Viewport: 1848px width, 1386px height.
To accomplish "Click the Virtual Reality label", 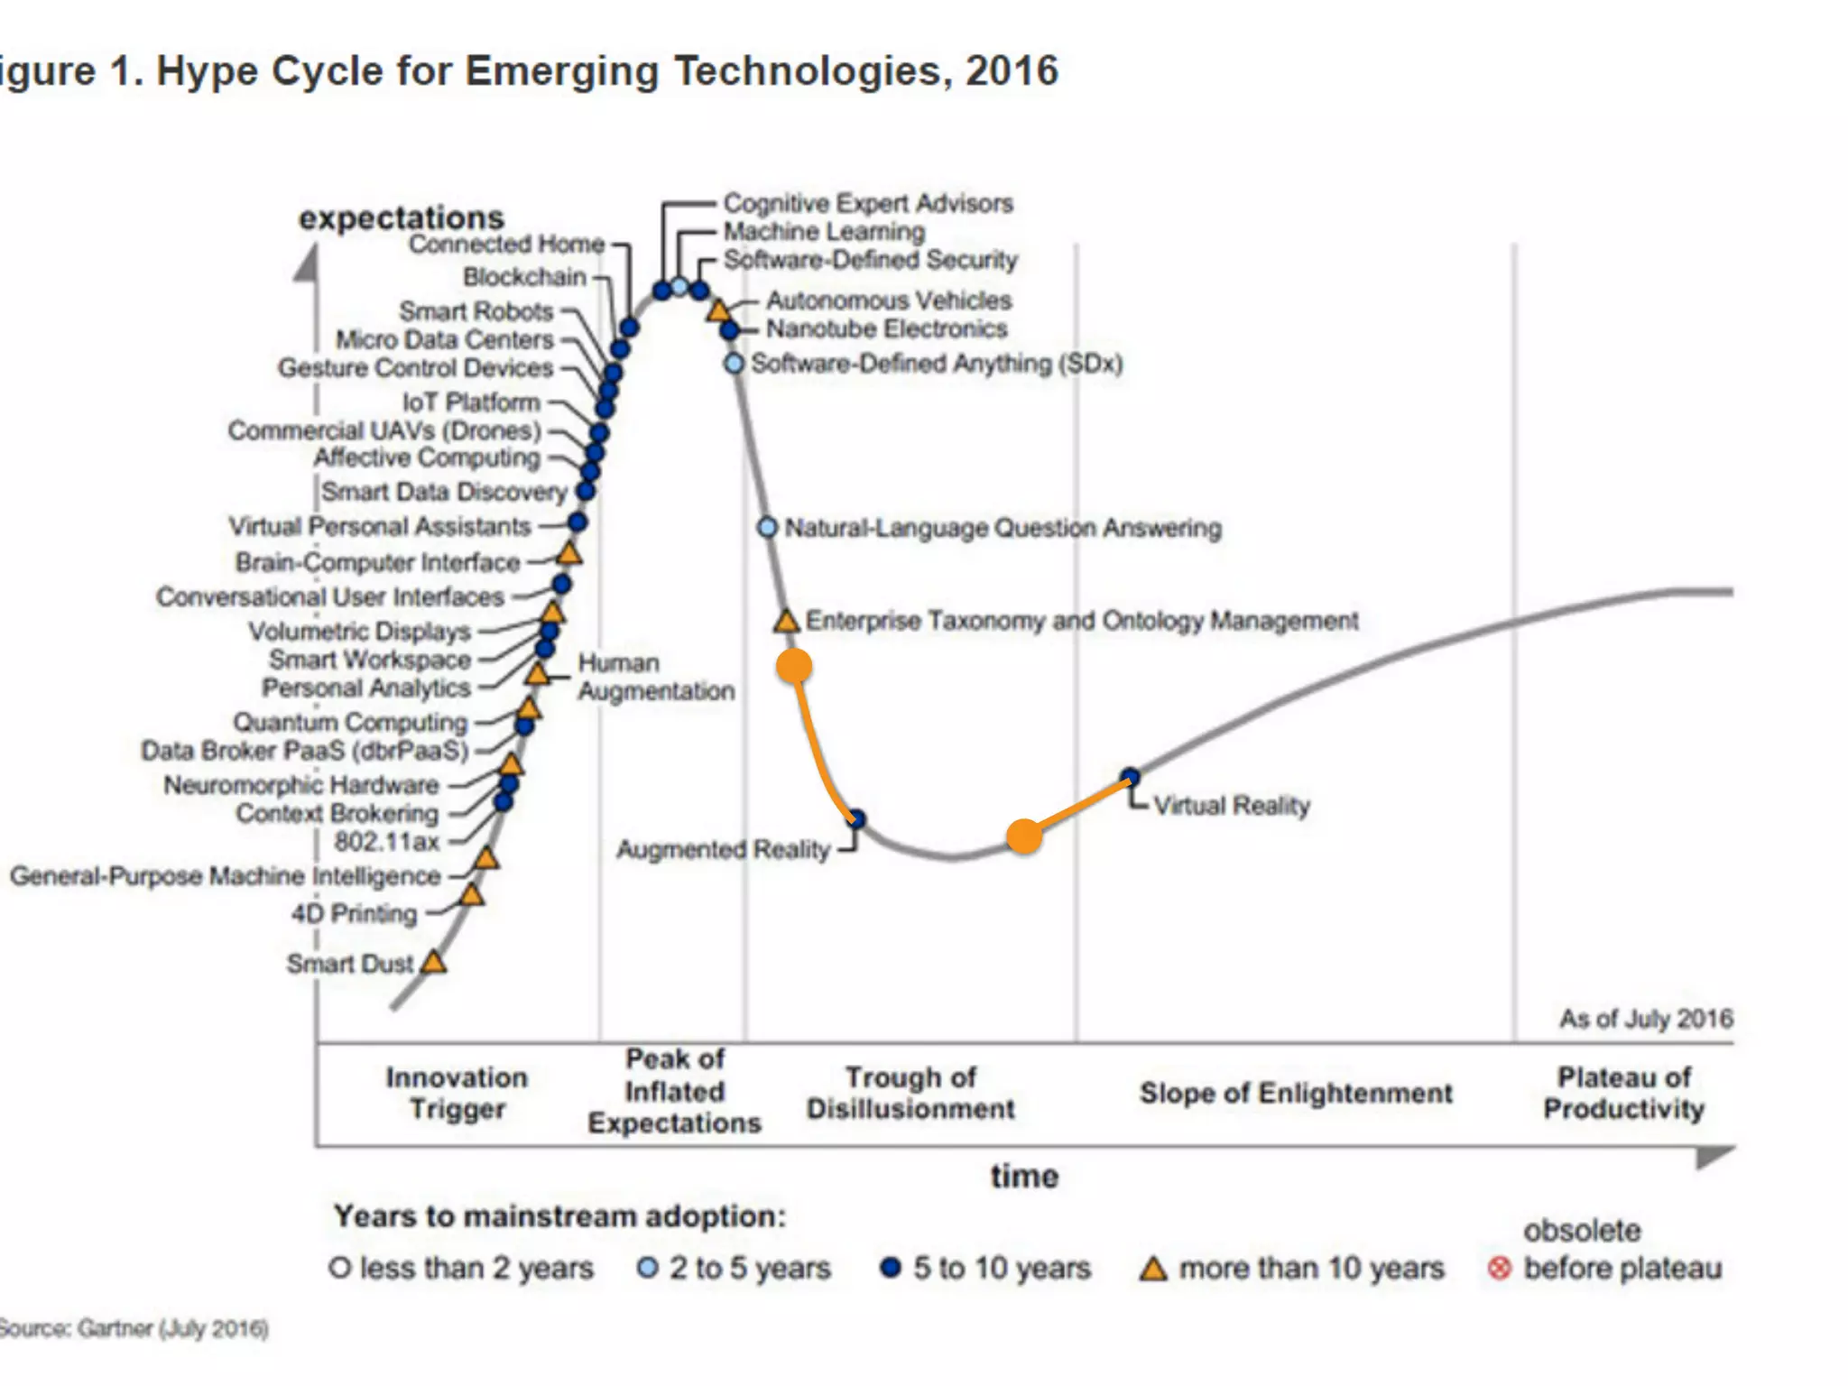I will [1231, 805].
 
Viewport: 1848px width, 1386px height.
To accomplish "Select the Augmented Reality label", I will [723, 849].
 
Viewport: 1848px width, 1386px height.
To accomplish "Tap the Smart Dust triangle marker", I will [434, 962].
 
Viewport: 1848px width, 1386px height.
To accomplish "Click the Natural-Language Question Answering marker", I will [767, 527].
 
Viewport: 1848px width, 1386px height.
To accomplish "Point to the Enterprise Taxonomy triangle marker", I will [787, 621].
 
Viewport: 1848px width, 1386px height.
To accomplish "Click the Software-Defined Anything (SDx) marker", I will [735, 364].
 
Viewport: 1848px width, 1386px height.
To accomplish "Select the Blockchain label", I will [524, 277].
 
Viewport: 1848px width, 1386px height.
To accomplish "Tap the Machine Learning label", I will [824, 232].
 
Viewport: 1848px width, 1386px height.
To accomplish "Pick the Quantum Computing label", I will [350, 722].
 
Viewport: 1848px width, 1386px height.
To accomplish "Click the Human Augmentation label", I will [656, 677].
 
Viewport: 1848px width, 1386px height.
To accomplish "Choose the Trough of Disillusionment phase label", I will [910, 1093].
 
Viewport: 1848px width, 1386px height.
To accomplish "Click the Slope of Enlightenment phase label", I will [1296, 1093].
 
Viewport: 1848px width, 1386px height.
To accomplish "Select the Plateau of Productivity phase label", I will [1623, 1093].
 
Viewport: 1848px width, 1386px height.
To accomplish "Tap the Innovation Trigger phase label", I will [457, 1093].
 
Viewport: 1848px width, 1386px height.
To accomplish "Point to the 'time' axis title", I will [1024, 1177].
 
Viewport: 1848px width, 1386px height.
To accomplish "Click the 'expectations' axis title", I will [402, 217].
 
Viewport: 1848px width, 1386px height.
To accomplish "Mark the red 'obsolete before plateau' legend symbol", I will [1499, 1269].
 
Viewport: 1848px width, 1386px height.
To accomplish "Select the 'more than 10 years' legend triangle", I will [1153, 1269].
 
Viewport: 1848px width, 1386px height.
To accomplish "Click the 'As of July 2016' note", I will [1646, 1019].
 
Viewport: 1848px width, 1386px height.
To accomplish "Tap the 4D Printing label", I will [354, 913].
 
